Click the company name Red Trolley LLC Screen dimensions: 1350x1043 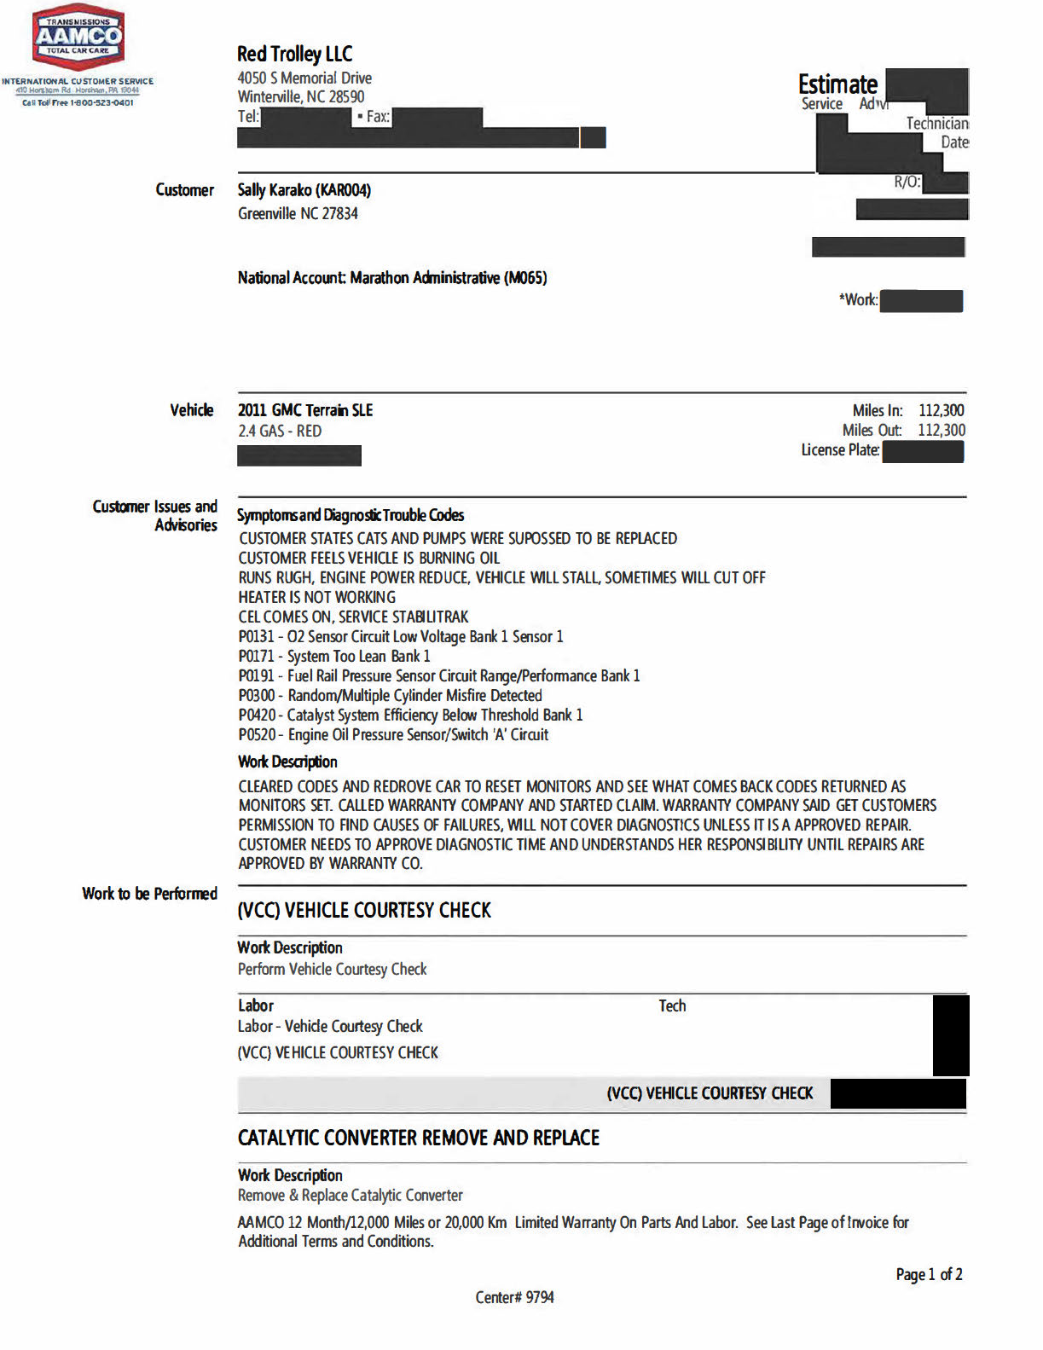[294, 55]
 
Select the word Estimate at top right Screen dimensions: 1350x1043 [837, 84]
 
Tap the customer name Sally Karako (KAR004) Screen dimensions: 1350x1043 [304, 190]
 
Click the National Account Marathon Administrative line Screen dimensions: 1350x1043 [392, 278]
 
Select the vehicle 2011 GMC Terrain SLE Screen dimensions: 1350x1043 [305, 410]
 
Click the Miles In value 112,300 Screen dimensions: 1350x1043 [941, 410]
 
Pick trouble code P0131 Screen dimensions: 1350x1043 [256, 637]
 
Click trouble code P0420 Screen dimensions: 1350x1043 [257, 716]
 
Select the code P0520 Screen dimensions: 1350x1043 [257, 735]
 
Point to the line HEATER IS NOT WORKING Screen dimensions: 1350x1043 [316, 598]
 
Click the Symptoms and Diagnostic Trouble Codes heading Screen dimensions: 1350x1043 [351, 515]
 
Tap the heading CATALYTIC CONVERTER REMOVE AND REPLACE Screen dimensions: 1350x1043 [418, 1138]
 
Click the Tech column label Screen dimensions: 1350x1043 [672, 1006]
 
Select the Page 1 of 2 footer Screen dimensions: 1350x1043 [929, 1274]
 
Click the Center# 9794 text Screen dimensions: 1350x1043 [514, 1297]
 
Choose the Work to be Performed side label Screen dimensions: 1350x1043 [149, 894]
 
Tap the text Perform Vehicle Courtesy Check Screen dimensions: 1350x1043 [332, 970]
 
